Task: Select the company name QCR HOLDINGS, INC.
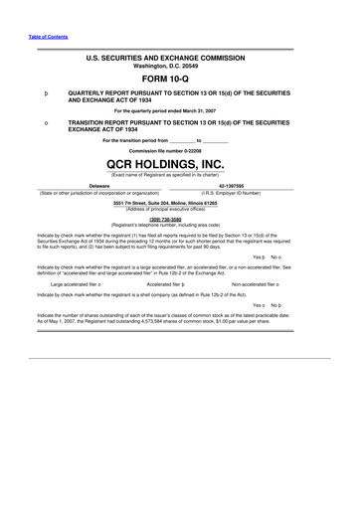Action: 180,167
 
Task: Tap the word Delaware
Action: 98,185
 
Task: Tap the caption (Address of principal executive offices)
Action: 180,209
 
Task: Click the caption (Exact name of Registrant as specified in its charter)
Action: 180,176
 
